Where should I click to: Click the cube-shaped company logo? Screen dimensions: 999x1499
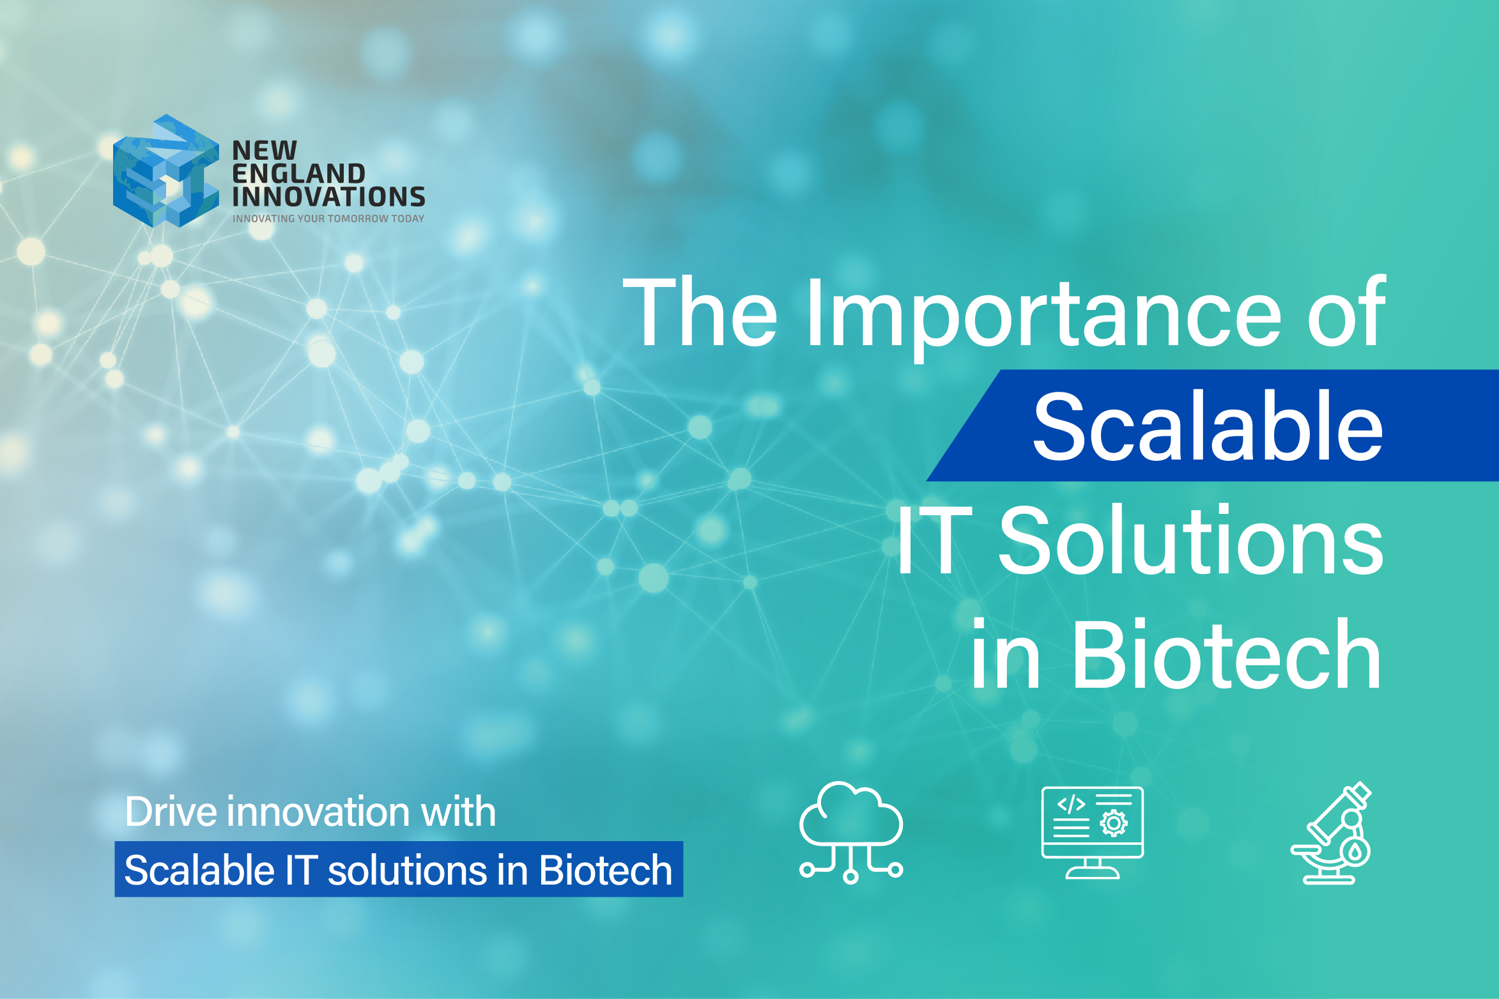click(x=165, y=171)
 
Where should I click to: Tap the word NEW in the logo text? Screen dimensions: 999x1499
click(x=265, y=151)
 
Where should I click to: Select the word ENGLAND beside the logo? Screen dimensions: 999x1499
click(x=298, y=174)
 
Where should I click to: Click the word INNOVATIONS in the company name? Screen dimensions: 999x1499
click(x=328, y=197)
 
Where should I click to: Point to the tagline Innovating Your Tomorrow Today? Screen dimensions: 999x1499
click(x=328, y=219)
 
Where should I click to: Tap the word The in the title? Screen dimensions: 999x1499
click(x=700, y=313)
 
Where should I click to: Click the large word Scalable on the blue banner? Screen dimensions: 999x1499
click(x=1208, y=427)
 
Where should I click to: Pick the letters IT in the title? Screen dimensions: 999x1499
click(x=934, y=541)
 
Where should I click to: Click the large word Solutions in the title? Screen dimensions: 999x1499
click(x=1191, y=541)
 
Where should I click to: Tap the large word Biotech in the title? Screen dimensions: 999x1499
click(x=1227, y=655)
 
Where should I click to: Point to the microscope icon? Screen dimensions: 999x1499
click(x=1333, y=833)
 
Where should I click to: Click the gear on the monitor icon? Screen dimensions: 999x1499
click(x=1114, y=824)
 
